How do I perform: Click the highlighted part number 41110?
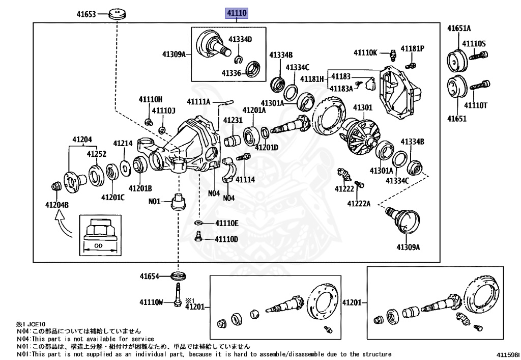pyautogui.click(x=237, y=13)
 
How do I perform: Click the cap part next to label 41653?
pyautogui.click(x=118, y=14)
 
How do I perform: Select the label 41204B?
pyautogui.click(x=57, y=205)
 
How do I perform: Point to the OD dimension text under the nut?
pyautogui.click(x=98, y=245)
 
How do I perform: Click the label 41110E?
pyautogui.click(x=226, y=223)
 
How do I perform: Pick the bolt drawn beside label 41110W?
pyautogui.click(x=178, y=294)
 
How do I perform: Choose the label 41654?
pyautogui.click(x=150, y=276)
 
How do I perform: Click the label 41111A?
pyautogui.click(x=199, y=102)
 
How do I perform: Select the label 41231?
pyautogui.click(x=233, y=120)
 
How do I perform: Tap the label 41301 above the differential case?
pyautogui.click(x=362, y=107)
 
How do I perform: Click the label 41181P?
pyautogui.click(x=412, y=48)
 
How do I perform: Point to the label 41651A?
pyautogui.click(x=459, y=28)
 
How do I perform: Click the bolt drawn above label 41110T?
pyautogui.click(x=479, y=86)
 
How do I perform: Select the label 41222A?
pyautogui.click(x=359, y=204)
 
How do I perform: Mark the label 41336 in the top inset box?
pyautogui.click(x=231, y=73)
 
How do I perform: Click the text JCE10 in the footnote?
pyautogui.click(x=36, y=324)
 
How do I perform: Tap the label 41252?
pyautogui.click(x=96, y=154)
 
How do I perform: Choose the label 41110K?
pyautogui.click(x=365, y=52)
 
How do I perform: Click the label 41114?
pyautogui.click(x=245, y=180)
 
